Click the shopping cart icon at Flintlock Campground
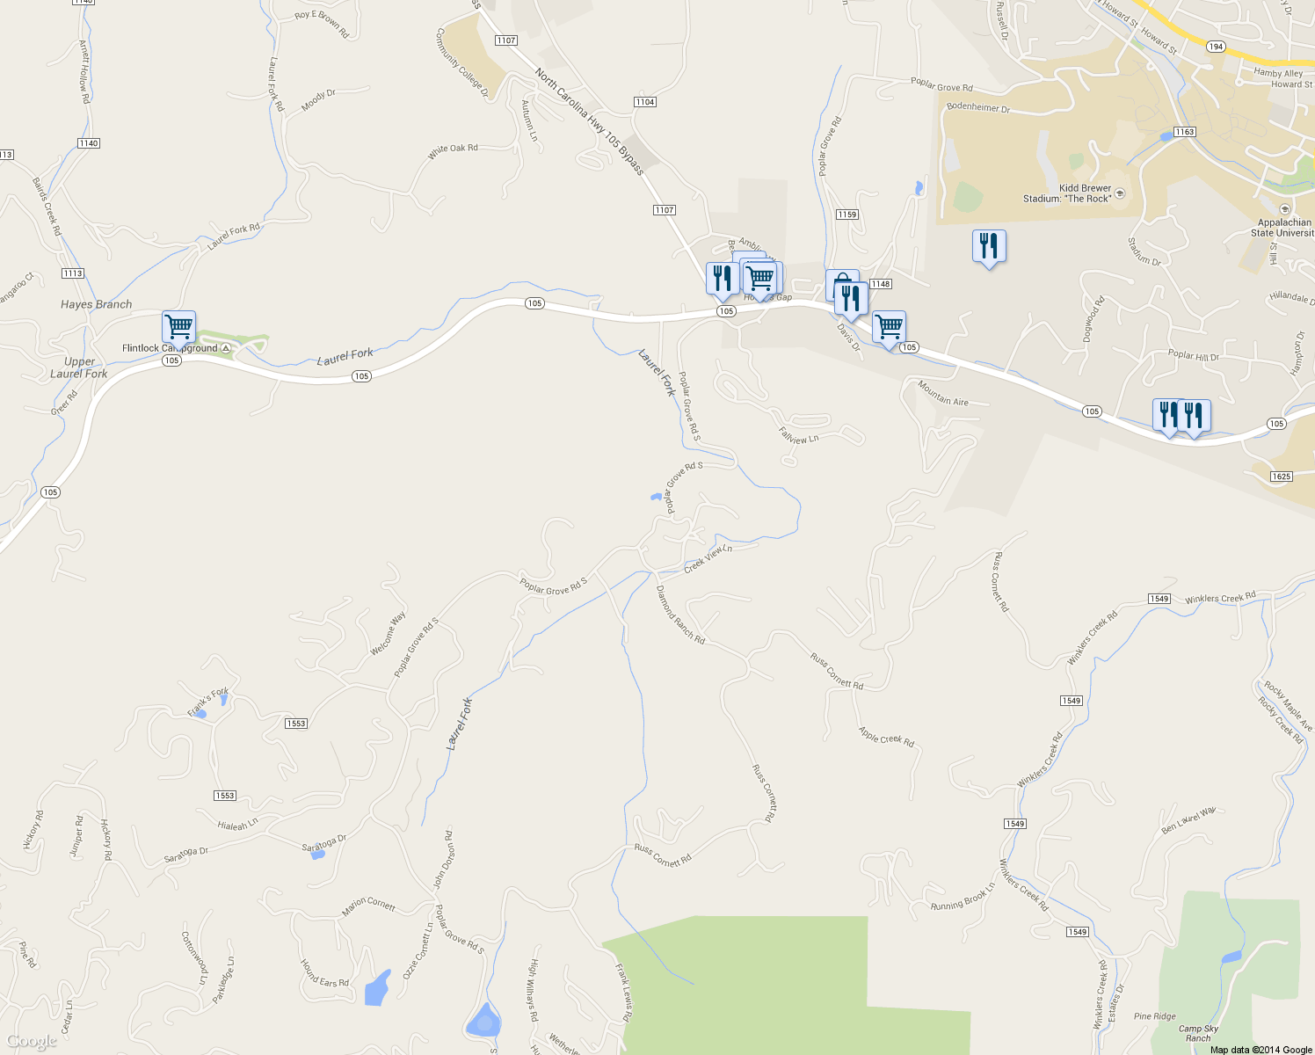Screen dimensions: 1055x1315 178,327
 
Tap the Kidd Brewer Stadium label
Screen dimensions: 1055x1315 1067,193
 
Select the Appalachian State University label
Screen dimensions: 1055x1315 1283,228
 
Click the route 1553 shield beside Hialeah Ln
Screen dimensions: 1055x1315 225,796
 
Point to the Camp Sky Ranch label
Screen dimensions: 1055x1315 1198,1033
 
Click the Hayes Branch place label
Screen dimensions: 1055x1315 96,304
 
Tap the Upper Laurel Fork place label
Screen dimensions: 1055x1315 79,367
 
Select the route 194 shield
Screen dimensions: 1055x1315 1216,47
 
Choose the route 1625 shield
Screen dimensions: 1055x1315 1281,477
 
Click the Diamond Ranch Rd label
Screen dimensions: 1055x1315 680,615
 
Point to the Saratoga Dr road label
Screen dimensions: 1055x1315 186,855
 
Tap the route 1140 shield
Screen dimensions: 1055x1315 89,143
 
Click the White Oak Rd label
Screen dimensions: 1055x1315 453,152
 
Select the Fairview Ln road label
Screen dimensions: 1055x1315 798,435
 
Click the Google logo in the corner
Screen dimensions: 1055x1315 32,1041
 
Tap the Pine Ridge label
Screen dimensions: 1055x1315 1154,1016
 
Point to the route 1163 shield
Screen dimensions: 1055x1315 1185,132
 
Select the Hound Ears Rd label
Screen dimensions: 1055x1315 324,973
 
